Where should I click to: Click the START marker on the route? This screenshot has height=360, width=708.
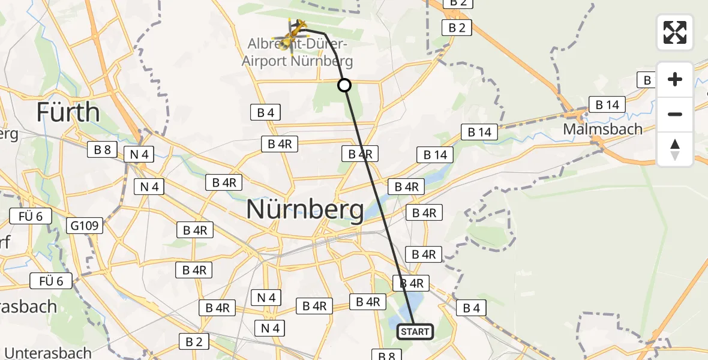[x=415, y=331]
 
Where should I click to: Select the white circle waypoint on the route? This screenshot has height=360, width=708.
[x=344, y=85]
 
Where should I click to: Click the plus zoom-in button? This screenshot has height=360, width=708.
[x=675, y=79]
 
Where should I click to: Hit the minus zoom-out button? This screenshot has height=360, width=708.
[x=675, y=114]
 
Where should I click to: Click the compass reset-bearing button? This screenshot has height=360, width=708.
[x=675, y=149]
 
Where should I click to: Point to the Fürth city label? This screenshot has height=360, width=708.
[x=68, y=112]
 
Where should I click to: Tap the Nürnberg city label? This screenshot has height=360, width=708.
[x=305, y=210]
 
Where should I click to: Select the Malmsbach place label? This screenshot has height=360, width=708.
[x=602, y=129]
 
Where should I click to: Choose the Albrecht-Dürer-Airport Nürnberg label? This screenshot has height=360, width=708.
[x=297, y=53]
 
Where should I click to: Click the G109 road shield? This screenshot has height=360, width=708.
[x=85, y=226]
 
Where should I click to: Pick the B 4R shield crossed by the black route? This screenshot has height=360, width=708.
[x=361, y=154]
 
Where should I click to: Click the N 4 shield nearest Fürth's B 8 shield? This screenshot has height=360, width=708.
[x=138, y=154]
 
